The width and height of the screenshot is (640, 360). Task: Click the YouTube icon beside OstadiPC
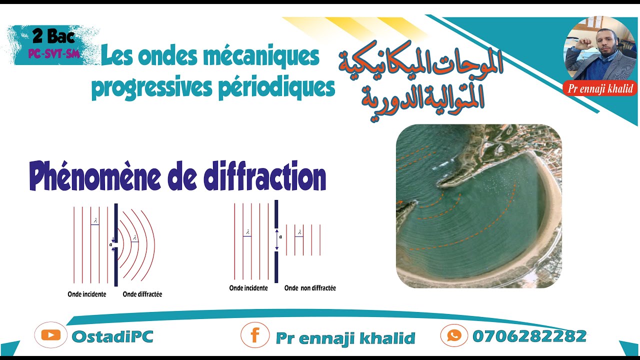[50, 335]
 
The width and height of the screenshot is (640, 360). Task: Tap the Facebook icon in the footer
[254, 335]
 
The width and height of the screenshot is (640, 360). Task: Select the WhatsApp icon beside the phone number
[454, 335]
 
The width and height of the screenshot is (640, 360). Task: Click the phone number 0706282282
[529, 336]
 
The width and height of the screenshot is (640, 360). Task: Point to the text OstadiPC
[112, 336]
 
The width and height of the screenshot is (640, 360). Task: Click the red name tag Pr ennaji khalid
[600, 89]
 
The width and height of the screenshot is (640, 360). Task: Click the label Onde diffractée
[142, 294]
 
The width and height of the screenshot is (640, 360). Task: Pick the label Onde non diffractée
[310, 288]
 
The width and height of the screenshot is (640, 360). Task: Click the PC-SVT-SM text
[54, 53]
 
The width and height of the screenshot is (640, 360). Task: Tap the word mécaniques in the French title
[264, 56]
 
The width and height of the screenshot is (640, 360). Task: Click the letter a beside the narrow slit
[110, 244]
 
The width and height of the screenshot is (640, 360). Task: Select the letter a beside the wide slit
[280, 238]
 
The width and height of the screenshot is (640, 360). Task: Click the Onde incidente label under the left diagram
[87, 294]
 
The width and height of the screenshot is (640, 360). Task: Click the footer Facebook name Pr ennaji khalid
[345, 338]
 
